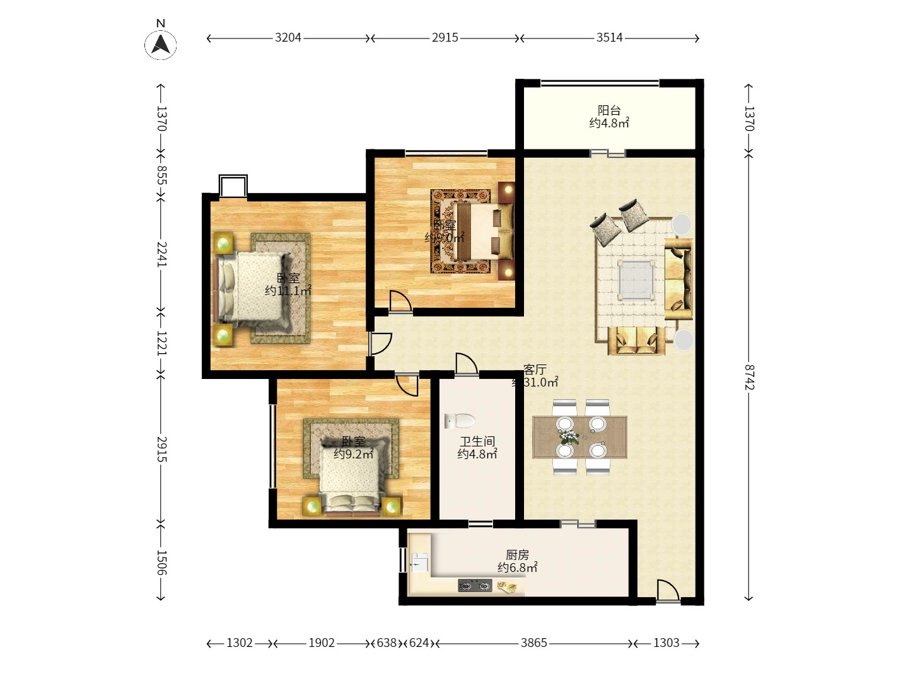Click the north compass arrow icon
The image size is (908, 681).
(161, 44)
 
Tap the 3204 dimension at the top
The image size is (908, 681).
(288, 38)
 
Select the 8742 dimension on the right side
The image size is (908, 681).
(749, 376)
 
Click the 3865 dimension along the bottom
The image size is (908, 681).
(533, 643)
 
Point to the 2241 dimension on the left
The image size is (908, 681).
(161, 253)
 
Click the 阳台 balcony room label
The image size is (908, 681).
(609, 111)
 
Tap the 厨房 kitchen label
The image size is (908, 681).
(517, 555)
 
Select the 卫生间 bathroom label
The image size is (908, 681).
(477, 441)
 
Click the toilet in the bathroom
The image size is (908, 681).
(459, 421)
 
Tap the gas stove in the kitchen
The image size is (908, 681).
(475, 586)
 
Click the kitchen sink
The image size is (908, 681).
(419, 561)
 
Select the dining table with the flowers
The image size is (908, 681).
(580, 436)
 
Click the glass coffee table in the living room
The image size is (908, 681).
(635, 279)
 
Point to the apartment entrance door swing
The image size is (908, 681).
(667, 591)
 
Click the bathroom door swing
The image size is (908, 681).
(466, 364)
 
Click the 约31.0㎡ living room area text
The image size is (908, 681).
(536, 383)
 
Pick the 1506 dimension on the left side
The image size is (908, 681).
(161, 562)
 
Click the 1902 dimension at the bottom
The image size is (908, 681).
(322, 643)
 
